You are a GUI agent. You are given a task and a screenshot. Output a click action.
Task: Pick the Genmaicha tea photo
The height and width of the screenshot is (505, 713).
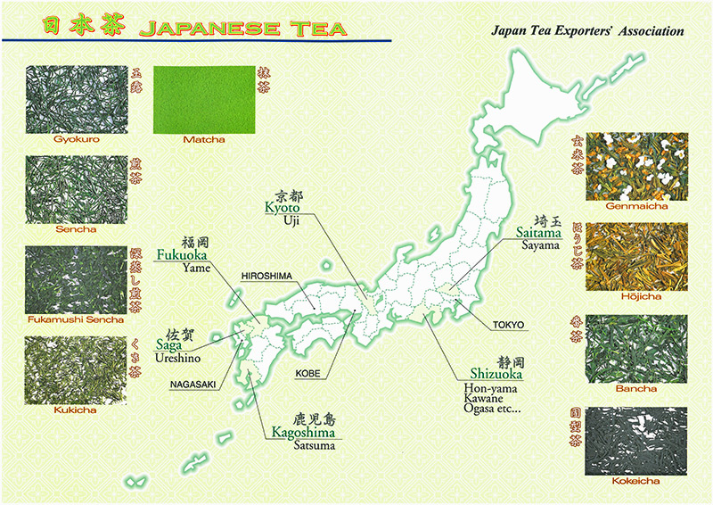pyautogui.click(x=637, y=166)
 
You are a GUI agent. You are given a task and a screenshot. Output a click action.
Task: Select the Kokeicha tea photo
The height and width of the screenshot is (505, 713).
pyautogui.click(x=637, y=440)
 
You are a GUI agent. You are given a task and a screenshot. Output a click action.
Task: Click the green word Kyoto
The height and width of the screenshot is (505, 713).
pyautogui.click(x=282, y=207)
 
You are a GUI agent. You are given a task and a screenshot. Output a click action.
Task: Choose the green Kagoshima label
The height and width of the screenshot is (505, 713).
pyautogui.click(x=306, y=433)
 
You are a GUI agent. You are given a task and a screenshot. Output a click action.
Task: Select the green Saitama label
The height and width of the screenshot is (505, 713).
pyautogui.click(x=540, y=232)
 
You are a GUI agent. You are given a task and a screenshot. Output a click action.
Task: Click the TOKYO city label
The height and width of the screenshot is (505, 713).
pyautogui.click(x=508, y=324)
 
